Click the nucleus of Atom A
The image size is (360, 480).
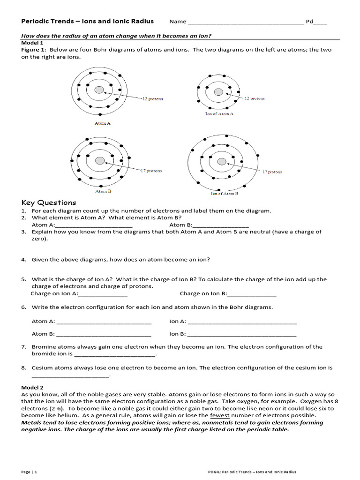(x=99, y=90)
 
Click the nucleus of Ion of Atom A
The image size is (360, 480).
(x=218, y=92)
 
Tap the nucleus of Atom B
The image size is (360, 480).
(x=100, y=161)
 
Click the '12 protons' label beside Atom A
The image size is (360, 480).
(x=153, y=99)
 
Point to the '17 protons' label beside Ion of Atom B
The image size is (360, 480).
(x=272, y=172)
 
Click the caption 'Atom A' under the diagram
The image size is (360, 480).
(x=103, y=123)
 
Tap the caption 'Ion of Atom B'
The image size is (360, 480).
(x=225, y=193)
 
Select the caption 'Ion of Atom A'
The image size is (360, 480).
(x=219, y=114)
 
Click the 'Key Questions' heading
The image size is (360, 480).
(x=49, y=202)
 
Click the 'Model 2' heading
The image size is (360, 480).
(x=32, y=388)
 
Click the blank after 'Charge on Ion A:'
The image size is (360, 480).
(x=103, y=294)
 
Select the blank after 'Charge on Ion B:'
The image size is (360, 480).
(x=252, y=294)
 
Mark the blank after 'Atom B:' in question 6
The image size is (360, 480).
(x=103, y=334)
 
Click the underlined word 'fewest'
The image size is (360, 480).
(x=219, y=415)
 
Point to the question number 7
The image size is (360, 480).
(x=23, y=347)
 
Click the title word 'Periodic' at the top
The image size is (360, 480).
(x=36, y=22)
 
